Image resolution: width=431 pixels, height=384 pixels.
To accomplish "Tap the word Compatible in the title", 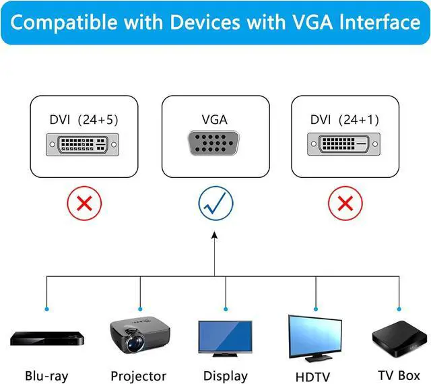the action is click(x=64, y=23).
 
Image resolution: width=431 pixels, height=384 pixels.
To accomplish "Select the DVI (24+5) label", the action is click(x=84, y=120).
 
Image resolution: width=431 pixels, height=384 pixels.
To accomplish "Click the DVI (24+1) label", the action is click(x=345, y=120).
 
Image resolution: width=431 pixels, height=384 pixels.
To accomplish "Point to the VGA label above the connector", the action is click(x=215, y=120).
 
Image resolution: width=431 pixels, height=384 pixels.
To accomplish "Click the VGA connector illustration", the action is click(x=213, y=143).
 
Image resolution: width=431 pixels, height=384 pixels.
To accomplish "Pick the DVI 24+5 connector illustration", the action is click(x=82, y=145).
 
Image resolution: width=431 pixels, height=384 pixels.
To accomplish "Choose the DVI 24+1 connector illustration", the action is click(x=344, y=144).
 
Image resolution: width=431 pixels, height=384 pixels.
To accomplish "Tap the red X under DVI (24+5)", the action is click(x=84, y=203).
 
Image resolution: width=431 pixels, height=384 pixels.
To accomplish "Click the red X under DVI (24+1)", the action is click(x=345, y=203).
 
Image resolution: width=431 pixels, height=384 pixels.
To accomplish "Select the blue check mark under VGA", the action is click(x=215, y=203).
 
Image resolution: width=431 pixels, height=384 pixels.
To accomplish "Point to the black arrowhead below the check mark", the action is click(x=215, y=235).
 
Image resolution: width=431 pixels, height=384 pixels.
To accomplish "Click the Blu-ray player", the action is click(x=47, y=339).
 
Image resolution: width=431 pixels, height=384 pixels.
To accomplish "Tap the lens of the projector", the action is click(x=135, y=343).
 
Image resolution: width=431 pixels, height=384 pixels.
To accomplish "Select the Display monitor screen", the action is click(x=225, y=336).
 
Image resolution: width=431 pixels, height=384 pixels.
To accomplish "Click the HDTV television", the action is click(x=315, y=338).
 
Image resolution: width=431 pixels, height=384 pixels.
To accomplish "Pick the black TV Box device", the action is click(x=399, y=339).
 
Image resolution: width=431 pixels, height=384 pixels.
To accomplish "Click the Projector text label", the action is click(x=139, y=377).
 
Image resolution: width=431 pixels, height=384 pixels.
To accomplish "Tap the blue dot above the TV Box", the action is click(x=399, y=309).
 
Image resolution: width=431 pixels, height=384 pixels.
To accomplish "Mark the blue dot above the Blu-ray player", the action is click(x=46, y=309).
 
